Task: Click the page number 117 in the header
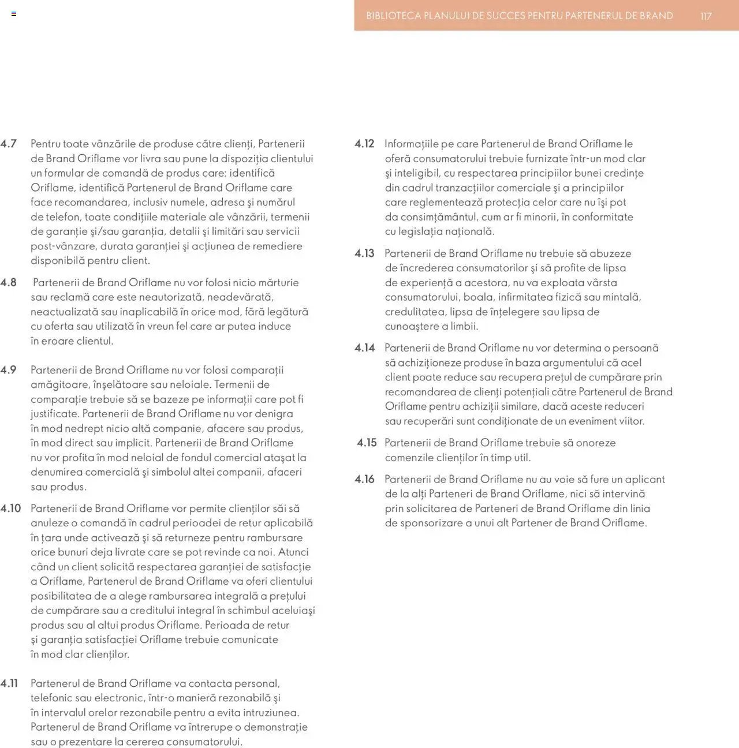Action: [x=706, y=16]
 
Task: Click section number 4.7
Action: [x=9, y=144]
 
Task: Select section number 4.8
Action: [x=9, y=282]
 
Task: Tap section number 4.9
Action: [x=9, y=370]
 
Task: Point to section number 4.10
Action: [x=11, y=508]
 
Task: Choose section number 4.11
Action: [x=9, y=683]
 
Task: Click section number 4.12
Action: [x=364, y=144]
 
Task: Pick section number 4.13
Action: [x=364, y=253]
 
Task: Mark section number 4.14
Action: [x=364, y=348]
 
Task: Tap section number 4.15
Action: [x=367, y=443]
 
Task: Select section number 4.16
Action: [x=364, y=479]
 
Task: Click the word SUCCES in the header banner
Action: [x=506, y=16]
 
